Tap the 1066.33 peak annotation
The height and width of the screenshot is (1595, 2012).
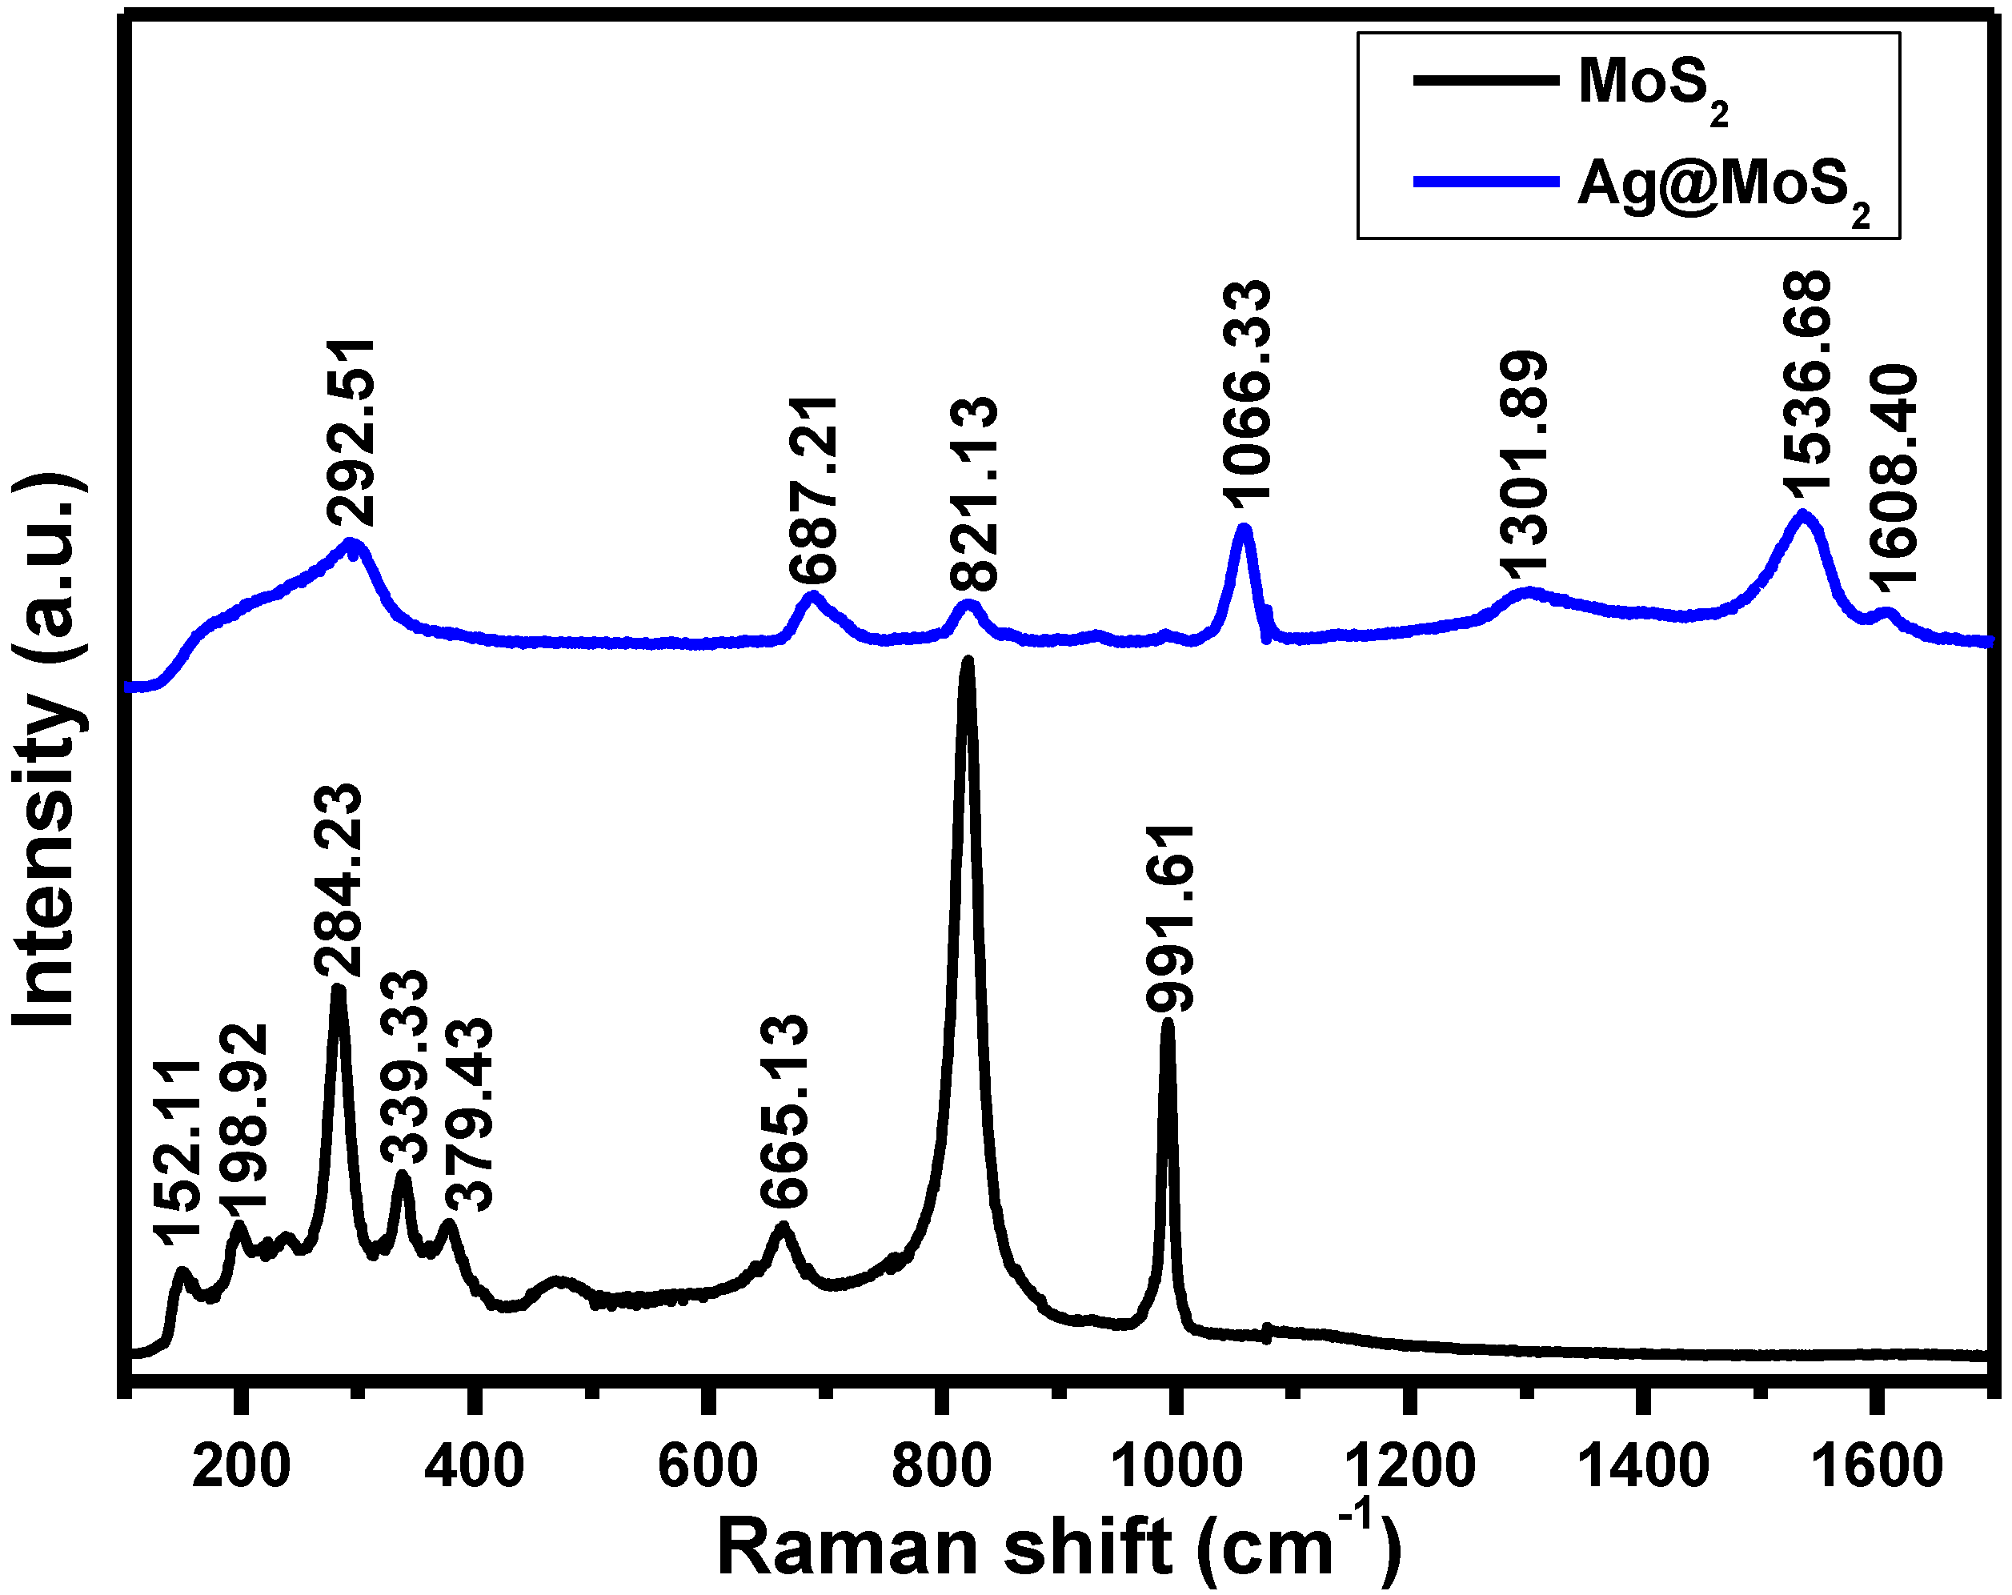coord(1247,394)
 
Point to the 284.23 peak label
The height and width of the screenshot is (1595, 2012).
coord(336,883)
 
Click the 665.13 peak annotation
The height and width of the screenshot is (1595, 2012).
coord(783,1112)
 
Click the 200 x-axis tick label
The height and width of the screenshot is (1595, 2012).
coord(241,1466)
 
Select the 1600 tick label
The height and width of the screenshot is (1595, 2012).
coord(1876,1466)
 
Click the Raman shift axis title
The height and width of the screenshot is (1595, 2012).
coord(1059,1545)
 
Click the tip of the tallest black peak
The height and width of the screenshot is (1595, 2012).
coord(968,663)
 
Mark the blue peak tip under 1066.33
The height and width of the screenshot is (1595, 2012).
coord(1243,529)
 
